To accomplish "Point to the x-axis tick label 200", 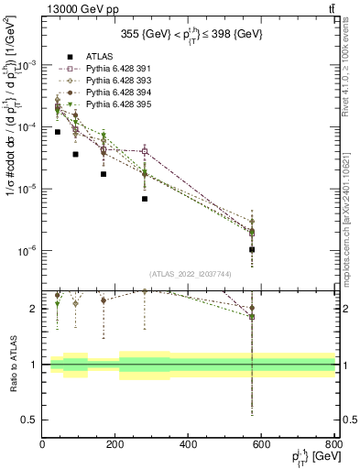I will point(115,445).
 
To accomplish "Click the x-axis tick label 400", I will point(189,445).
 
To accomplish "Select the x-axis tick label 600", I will point(262,445).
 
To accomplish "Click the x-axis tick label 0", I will point(42,445).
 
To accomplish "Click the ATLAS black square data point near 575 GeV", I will point(252,249).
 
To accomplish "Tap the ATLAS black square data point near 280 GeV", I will point(145,199).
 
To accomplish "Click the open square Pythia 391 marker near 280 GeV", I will point(145,151).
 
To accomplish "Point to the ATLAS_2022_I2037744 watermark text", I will point(189,273).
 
